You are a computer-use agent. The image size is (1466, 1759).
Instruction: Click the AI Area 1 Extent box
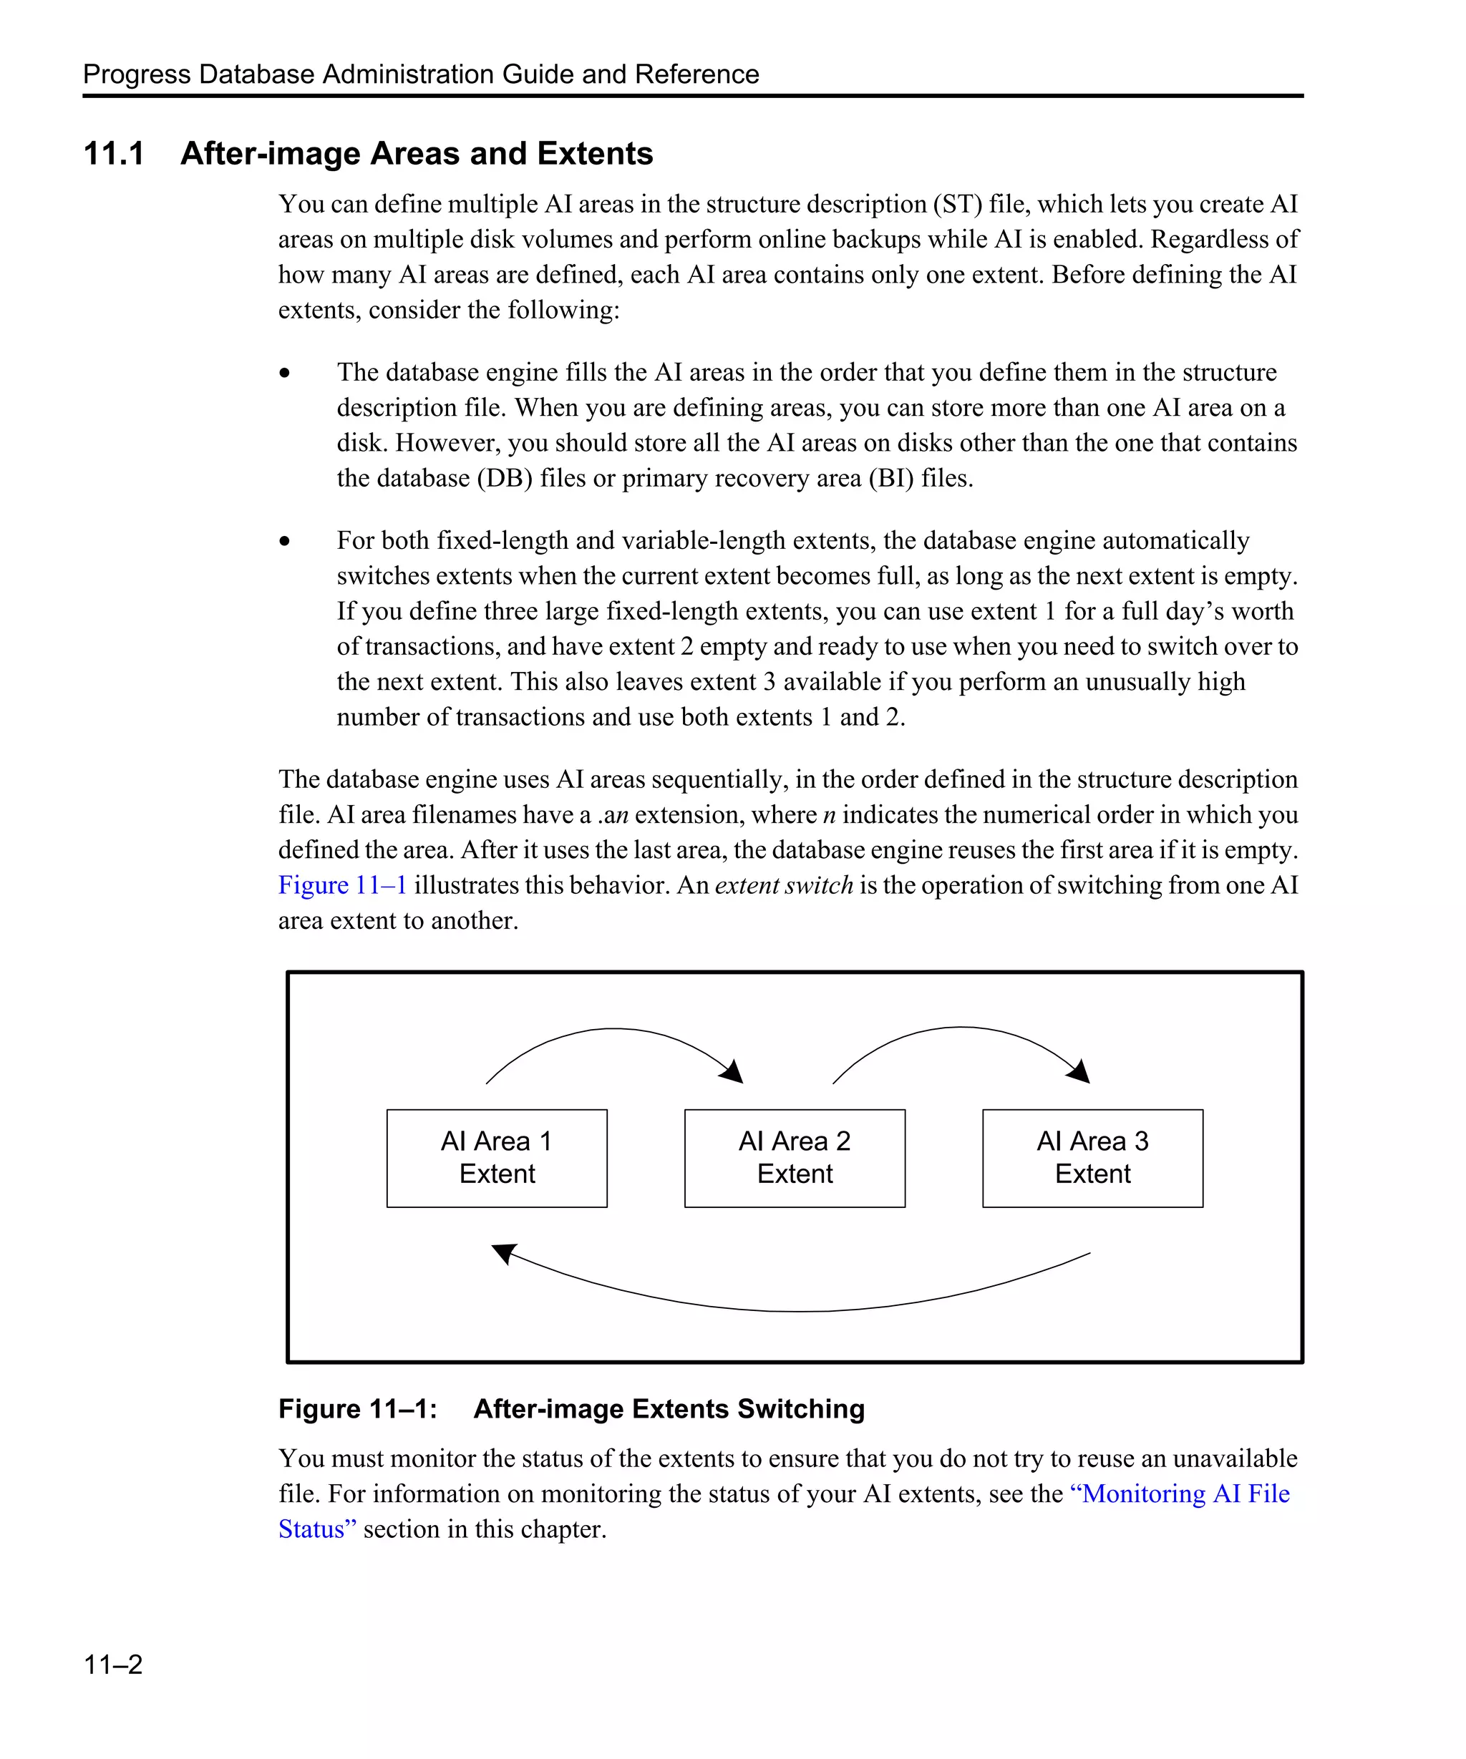coord(496,1158)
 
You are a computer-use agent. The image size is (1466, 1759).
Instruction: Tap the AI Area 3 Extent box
coord(1092,1158)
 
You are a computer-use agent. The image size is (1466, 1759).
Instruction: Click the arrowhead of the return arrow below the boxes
coord(503,1253)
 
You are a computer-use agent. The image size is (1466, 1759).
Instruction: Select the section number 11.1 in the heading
coord(114,154)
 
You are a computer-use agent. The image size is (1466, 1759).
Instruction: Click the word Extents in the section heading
coord(595,154)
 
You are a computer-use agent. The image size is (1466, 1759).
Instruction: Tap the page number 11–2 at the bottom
coord(113,1664)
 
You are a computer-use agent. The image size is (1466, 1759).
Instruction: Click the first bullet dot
coord(285,374)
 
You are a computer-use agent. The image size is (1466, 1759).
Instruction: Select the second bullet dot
coord(285,542)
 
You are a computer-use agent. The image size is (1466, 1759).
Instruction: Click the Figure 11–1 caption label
coord(357,1409)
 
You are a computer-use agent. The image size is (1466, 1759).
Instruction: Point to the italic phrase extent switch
coord(783,885)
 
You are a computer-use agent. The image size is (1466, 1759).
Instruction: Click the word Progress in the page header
coord(137,74)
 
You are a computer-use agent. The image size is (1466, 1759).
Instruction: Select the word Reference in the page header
coord(696,74)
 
